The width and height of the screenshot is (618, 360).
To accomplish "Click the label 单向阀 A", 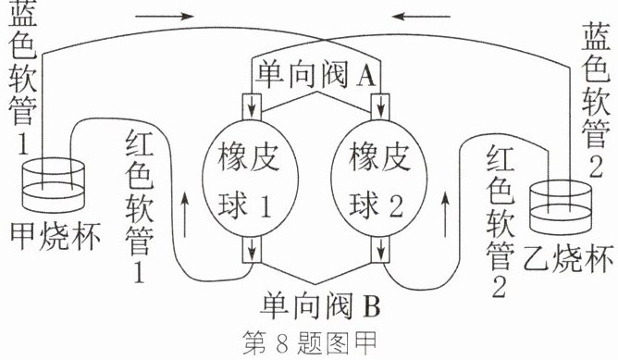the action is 316,75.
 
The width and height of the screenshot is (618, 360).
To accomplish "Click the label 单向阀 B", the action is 321,304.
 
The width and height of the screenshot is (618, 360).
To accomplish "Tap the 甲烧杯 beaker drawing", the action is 54,184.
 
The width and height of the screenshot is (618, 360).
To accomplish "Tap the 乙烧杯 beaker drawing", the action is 560,207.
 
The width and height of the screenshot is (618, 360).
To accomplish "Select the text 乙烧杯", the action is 568,259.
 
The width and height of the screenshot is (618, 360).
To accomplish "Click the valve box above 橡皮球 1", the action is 252,106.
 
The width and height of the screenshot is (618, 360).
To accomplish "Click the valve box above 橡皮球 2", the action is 380,106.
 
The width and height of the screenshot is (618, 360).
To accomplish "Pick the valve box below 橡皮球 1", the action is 252,250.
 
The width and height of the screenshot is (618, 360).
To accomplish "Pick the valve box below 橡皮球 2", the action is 380,250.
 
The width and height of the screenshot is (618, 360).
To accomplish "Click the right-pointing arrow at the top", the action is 165,16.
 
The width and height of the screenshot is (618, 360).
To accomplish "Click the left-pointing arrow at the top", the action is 421,17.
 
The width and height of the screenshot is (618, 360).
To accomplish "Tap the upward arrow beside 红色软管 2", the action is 445,214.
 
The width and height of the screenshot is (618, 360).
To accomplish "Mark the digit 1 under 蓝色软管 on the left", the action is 23,143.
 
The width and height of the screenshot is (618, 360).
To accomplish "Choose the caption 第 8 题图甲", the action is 310,343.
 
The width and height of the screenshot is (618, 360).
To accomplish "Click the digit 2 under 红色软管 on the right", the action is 499,287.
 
